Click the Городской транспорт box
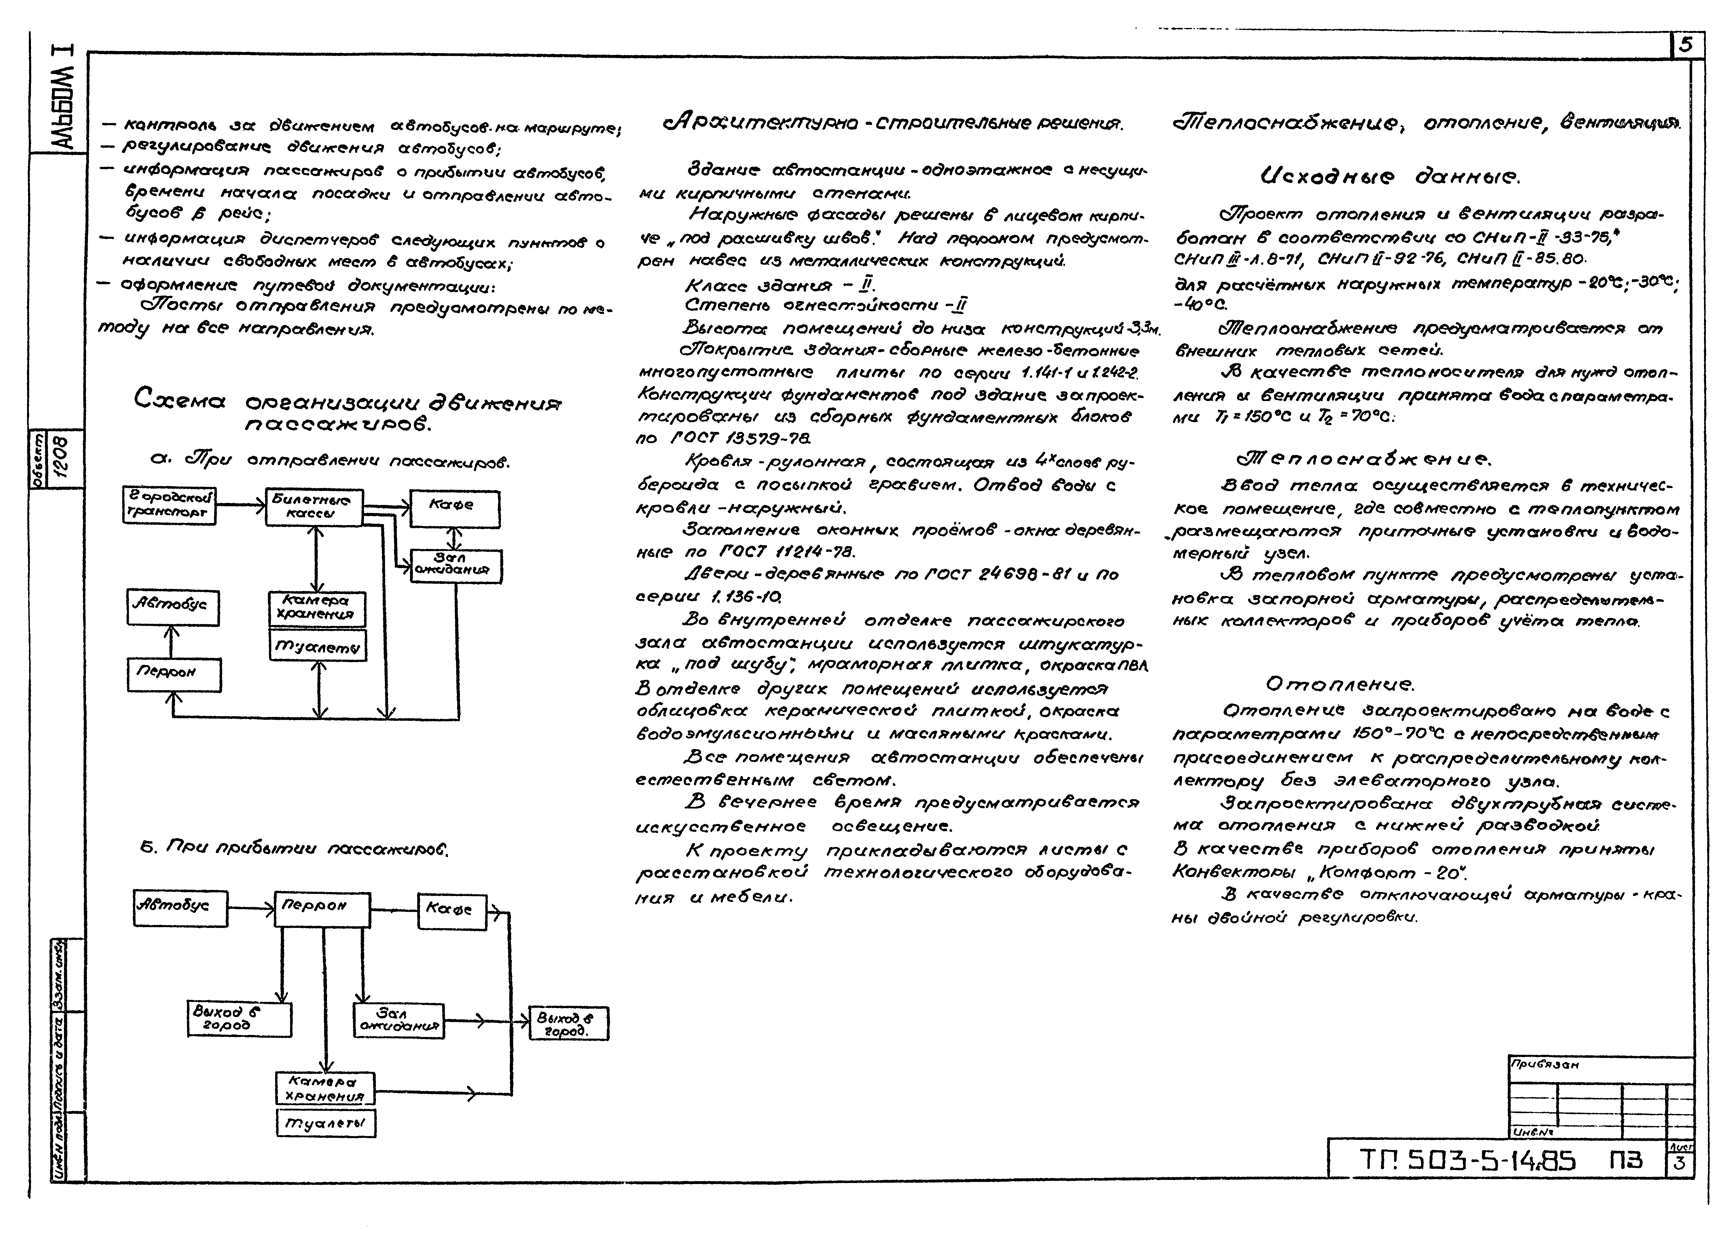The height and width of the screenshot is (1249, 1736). point(169,506)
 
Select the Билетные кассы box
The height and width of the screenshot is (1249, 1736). point(314,507)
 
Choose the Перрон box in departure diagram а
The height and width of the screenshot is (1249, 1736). point(174,674)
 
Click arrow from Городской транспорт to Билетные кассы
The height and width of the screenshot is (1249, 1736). point(240,505)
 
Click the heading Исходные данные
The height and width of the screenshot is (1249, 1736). point(1389,177)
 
